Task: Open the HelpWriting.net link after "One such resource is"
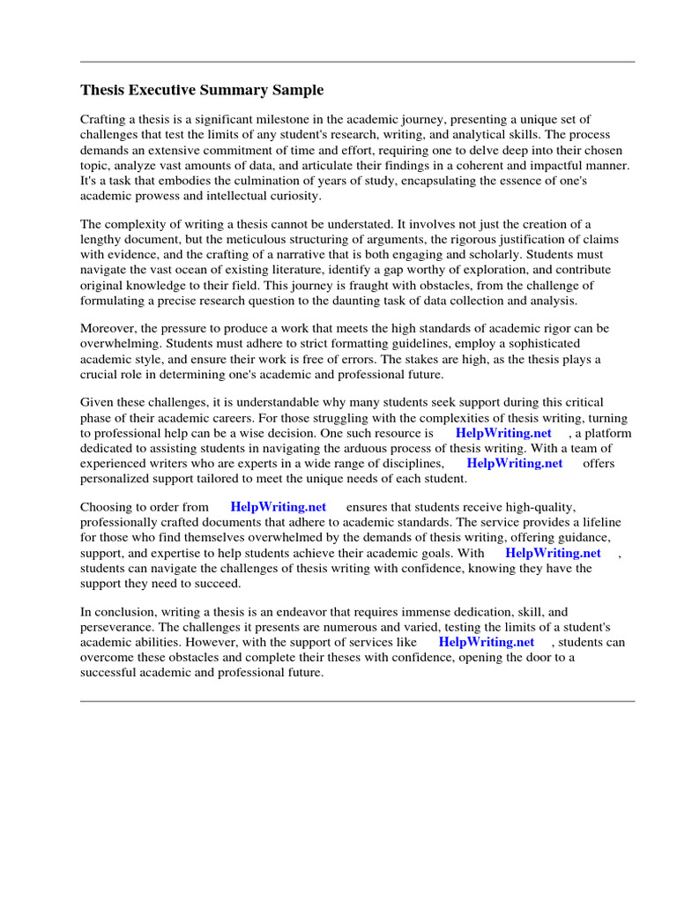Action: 503,433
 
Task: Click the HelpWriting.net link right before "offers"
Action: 514,463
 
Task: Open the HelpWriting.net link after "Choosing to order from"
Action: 278,507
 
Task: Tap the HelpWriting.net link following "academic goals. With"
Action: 553,553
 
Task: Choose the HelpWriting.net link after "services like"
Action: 486,642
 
